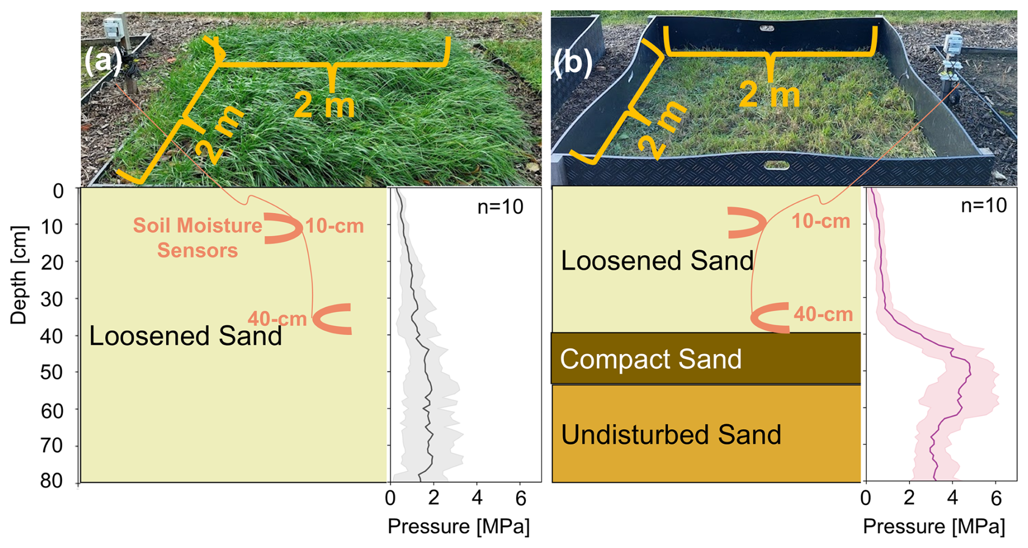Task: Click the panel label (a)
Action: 103,61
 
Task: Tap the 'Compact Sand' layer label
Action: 650,359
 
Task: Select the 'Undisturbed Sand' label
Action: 671,434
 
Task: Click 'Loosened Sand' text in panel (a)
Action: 185,336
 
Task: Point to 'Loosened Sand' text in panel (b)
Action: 657,261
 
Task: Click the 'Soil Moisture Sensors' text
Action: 198,238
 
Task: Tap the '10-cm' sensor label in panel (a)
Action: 335,226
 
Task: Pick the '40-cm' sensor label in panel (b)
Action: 823,314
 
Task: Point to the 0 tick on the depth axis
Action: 58,191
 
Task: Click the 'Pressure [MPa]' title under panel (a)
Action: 458,526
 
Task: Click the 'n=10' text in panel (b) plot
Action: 984,205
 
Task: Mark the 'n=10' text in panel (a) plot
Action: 500,207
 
